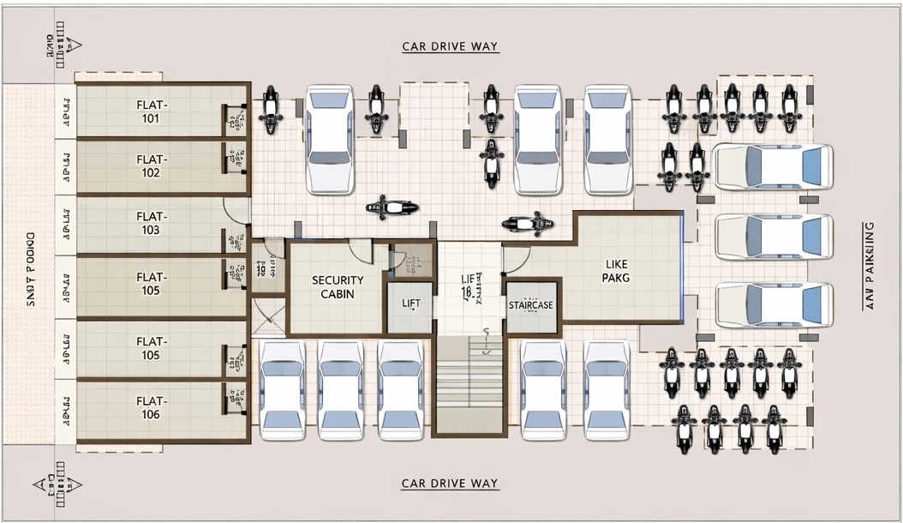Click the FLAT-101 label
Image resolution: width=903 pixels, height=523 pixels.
click(x=151, y=111)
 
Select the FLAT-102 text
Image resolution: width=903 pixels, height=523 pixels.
click(x=151, y=165)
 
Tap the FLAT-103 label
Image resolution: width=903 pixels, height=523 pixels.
click(x=151, y=224)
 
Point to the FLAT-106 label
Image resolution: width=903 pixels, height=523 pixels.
click(x=151, y=408)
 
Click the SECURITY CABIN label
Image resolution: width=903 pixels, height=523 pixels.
click(x=337, y=286)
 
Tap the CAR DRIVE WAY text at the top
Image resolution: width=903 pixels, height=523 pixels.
click(x=450, y=47)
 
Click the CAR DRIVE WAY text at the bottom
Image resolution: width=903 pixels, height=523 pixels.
click(x=450, y=484)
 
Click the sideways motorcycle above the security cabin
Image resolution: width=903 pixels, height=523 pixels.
click(x=392, y=207)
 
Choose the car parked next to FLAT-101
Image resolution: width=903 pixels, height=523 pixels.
click(x=329, y=139)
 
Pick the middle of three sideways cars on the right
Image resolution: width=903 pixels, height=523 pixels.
click(x=773, y=236)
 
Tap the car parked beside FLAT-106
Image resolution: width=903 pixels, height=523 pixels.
click(x=282, y=389)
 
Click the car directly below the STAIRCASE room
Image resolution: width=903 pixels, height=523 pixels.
click(x=543, y=389)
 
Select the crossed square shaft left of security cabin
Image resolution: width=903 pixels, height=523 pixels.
click(x=268, y=316)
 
